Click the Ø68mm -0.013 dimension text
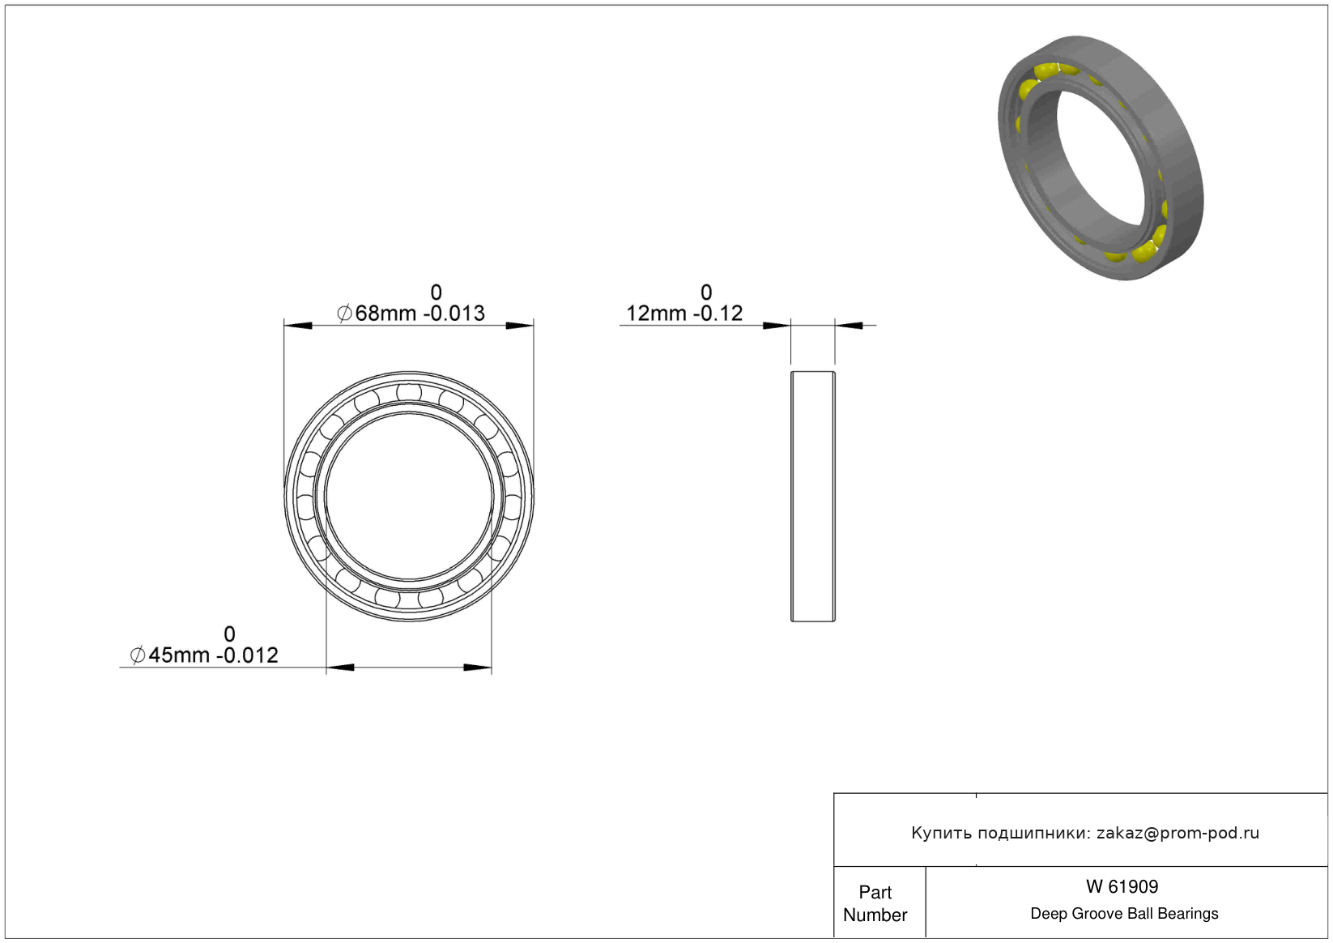tap(411, 314)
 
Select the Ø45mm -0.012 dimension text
tap(204, 655)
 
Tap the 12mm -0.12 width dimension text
tap(684, 314)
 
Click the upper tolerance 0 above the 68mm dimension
tap(437, 292)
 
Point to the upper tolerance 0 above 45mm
tap(229, 634)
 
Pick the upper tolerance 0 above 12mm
tap(705, 292)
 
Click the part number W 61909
tap(1122, 887)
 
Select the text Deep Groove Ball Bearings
tap(1124, 914)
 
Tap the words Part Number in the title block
tap(875, 904)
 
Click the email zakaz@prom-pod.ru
tap(1178, 833)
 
